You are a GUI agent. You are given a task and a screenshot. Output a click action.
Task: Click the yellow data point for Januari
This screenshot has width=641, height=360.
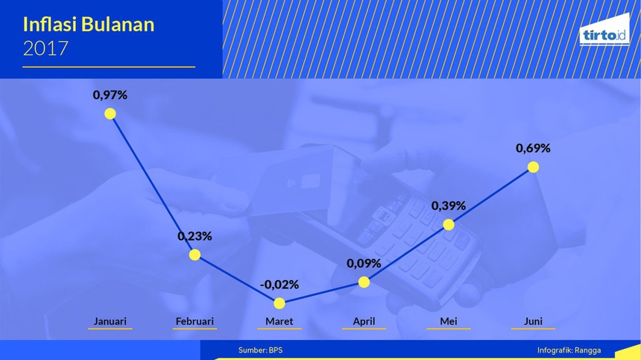point(110,113)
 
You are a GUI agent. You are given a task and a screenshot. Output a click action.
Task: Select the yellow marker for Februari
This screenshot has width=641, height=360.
point(195,255)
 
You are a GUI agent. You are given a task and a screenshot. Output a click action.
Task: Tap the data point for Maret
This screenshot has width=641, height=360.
point(280,303)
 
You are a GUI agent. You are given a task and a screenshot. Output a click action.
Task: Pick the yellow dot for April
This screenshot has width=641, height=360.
point(364,282)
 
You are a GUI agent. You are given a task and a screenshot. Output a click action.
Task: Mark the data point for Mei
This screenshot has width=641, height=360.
point(449,224)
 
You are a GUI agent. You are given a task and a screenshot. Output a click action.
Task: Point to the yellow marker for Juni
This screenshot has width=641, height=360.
point(533,167)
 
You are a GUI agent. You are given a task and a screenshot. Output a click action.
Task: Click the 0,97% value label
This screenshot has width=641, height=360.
point(110,95)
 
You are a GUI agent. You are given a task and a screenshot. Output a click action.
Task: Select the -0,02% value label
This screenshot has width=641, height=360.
point(280,285)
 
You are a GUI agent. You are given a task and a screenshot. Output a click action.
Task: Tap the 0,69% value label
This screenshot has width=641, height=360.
point(533,148)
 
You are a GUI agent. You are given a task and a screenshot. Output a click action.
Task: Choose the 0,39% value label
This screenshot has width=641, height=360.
point(449,206)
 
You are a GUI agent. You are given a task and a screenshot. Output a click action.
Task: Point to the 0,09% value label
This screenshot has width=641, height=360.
point(364,264)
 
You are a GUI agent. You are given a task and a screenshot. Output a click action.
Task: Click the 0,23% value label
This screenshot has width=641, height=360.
point(195,236)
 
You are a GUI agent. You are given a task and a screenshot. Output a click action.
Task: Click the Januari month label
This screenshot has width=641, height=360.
point(110,321)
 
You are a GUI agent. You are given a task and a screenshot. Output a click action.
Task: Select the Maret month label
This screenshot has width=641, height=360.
point(280,321)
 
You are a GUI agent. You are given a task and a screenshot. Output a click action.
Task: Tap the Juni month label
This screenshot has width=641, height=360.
point(533,321)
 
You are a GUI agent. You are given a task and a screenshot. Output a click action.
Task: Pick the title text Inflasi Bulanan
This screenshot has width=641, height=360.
point(89,25)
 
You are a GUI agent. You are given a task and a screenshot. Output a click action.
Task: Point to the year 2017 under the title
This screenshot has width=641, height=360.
point(45,48)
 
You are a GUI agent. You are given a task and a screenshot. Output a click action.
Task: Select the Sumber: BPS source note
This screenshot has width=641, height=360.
point(260,350)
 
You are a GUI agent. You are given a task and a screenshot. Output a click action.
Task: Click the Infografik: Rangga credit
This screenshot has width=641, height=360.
point(569,350)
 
